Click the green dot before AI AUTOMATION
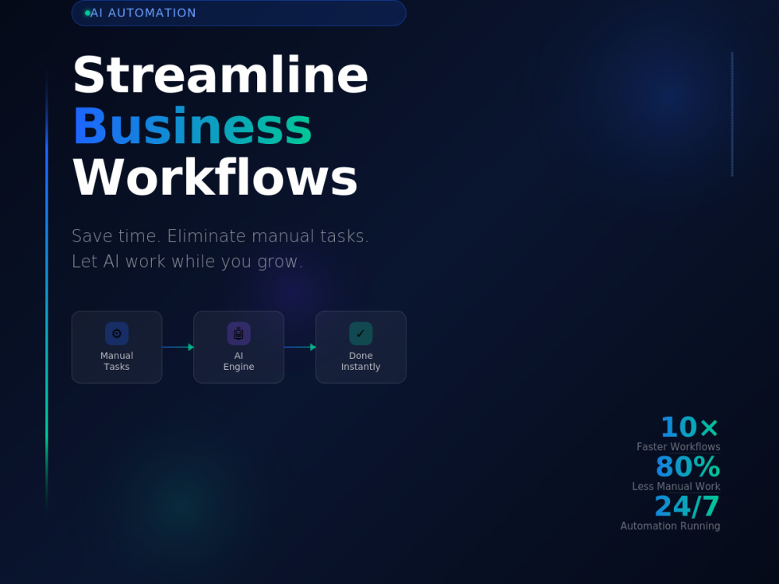[87, 13]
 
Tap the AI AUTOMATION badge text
[143, 13]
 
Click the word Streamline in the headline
[220, 75]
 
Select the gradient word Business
[192, 126]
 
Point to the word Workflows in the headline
[215, 178]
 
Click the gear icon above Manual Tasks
[117, 333]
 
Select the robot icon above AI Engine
[238, 333]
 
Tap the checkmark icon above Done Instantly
[361, 333]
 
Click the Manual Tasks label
[117, 361]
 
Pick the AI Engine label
[238, 361]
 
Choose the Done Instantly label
[361, 361]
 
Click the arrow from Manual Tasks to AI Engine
[178, 347]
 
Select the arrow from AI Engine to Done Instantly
[300, 347]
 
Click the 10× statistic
[689, 427]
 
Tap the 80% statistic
[688, 466]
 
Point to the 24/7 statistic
[688, 507]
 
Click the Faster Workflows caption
[679, 446]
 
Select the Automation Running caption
[670, 526]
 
